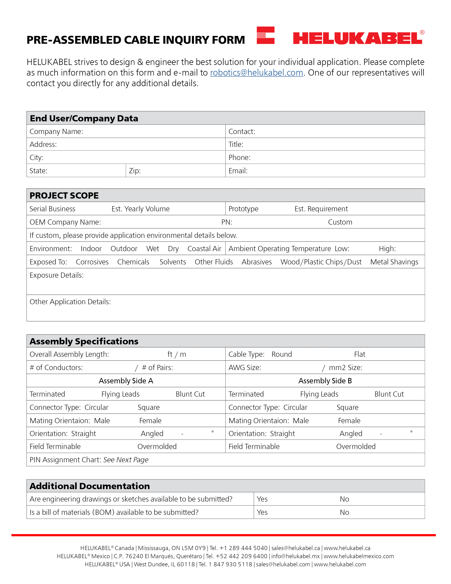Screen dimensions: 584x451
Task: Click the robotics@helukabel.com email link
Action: tap(256, 73)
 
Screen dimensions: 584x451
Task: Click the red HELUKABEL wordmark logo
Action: tap(357, 38)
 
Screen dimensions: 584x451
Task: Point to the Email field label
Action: tap(238, 171)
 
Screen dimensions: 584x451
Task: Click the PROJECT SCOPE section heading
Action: tap(64, 196)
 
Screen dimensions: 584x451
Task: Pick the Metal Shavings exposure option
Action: tap(394, 262)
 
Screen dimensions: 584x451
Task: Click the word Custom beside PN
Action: tap(340, 222)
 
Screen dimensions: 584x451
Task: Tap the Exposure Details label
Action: tap(57, 275)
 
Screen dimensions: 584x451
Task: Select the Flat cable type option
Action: tap(359, 354)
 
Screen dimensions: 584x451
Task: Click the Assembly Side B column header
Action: tap(325, 381)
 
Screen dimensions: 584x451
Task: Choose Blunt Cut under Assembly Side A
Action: tap(190, 394)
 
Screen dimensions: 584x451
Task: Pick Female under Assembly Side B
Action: tap(349, 421)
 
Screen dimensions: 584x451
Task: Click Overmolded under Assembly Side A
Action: tap(157, 446)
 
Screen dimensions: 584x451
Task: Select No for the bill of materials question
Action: tap(344, 512)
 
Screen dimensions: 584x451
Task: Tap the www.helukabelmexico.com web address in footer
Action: tap(359, 556)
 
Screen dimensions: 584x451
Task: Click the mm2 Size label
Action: tap(345, 368)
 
